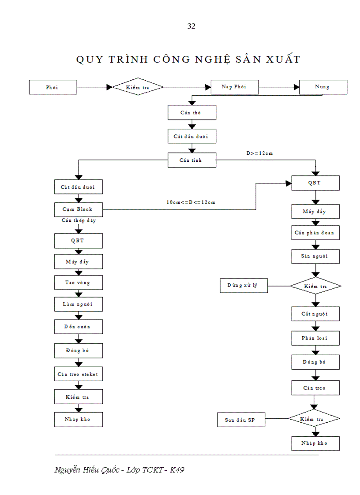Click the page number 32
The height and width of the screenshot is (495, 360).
tap(191, 26)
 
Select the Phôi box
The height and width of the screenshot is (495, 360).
tap(53, 87)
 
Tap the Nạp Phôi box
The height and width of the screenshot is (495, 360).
tap(235, 87)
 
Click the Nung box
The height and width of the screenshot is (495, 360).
tap(323, 87)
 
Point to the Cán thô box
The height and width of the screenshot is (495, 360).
tap(191, 113)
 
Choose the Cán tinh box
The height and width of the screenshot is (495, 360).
tap(191, 160)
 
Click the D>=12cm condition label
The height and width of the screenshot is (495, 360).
tap(259, 153)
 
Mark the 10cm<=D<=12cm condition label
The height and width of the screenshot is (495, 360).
tap(191, 202)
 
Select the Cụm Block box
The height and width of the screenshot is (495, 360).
tap(79, 209)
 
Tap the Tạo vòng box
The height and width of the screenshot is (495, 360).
tap(79, 283)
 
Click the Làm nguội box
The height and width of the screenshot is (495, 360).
tap(79, 304)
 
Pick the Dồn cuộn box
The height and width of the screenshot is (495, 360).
tap(79, 327)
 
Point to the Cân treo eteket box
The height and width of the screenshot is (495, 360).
tap(79, 374)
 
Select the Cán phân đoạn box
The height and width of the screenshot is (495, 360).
tap(315, 232)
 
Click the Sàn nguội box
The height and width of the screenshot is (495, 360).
tap(315, 256)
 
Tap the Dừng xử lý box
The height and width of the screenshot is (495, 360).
tap(244, 286)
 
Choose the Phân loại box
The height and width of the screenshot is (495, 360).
tap(315, 338)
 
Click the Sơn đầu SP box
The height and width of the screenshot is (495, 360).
tap(241, 421)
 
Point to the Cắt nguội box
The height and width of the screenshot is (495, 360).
tap(315, 314)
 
